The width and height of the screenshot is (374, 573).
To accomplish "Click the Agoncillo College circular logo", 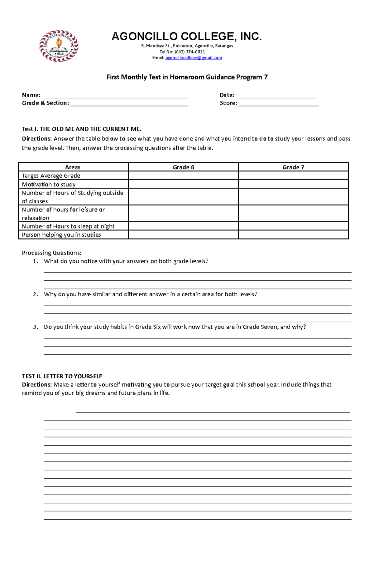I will tap(59, 46).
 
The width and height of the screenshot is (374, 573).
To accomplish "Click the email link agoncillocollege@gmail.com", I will tap(194, 58).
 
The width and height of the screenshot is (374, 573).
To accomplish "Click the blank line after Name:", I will tap(116, 96).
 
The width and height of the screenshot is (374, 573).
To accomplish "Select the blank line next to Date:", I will tap(276, 96).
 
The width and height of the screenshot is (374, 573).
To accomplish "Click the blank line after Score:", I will tap(278, 104).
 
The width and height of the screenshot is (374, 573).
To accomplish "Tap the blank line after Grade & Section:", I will tap(129, 104).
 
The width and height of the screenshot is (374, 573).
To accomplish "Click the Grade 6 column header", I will tap(183, 167).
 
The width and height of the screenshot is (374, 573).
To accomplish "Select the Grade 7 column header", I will tap(293, 167).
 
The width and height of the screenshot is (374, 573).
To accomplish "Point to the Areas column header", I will tap(73, 167).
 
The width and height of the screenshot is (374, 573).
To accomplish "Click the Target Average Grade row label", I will tap(51, 176).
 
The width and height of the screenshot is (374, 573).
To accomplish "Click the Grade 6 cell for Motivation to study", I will tap(183, 184).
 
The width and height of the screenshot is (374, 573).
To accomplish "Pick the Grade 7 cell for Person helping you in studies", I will tap(293, 235).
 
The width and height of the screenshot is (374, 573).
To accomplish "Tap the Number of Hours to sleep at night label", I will tap(68, 226).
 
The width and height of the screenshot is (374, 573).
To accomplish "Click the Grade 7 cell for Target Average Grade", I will tap(293, 176).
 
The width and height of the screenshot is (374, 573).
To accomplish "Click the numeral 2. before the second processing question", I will tap(36, 294).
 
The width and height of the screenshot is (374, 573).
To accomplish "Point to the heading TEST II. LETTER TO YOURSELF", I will tap(62, 376).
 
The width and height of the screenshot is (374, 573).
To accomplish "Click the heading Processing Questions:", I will tap(51, 253).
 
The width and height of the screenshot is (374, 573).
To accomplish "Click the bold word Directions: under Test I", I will tap(37, 139).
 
